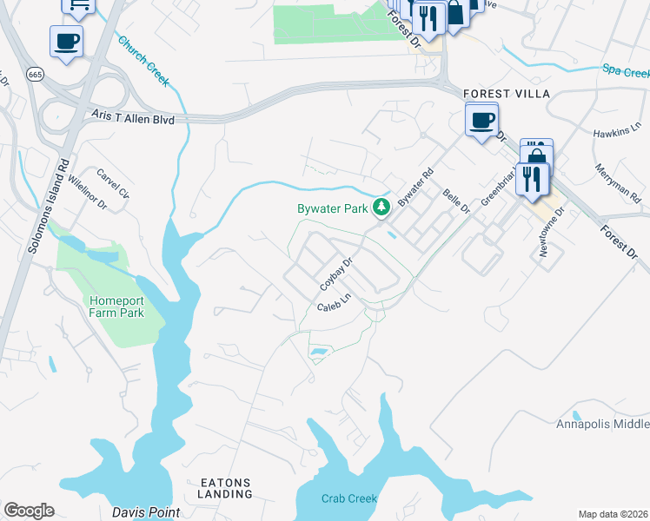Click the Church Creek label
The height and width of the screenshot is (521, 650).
pos(143,61)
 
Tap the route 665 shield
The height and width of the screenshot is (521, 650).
pos(35,76)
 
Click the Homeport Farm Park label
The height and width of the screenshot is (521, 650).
pos(116,307)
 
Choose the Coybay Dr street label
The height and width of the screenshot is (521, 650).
pos(337,274)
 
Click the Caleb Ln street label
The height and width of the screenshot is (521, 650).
pos(333,303)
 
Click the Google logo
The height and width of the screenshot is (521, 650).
pos(29,511)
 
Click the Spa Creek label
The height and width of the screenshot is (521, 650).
pos(625,69)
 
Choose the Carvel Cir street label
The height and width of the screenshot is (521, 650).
pos(113,182)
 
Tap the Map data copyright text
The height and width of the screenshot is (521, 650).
pos(613,514)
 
